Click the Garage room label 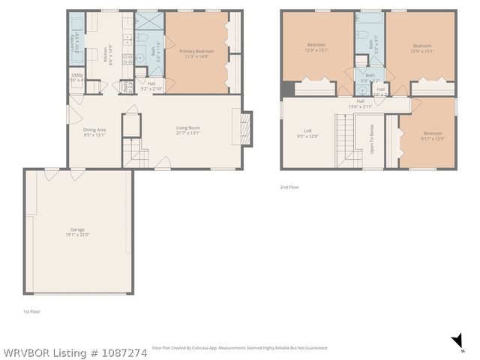(x=79, y=232)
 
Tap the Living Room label (x=188, y=130)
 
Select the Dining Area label (x=94, y=133)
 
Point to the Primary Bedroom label (x=196, y=53)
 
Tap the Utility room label (x=77, y=76)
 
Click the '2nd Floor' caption (x=289, y=187)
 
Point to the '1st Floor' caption (x=31, y=310)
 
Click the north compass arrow (x=457, y=341)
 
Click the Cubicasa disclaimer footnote (x=240, y=348)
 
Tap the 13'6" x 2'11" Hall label (x=361, y=103)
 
